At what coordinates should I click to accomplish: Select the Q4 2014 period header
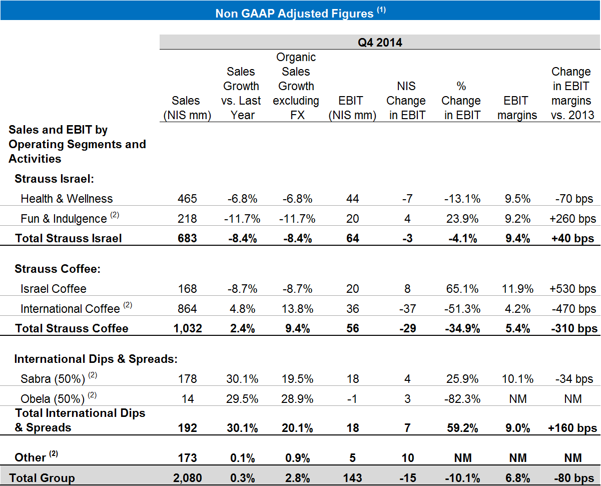pos(380,43)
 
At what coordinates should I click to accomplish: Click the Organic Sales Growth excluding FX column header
pos(296,86)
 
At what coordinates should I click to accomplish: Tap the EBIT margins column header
pos(516,108)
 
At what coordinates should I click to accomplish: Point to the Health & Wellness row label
pos(67,199)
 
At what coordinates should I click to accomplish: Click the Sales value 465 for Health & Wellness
pos(187,199)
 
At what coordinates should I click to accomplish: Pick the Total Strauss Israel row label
pos(69,238)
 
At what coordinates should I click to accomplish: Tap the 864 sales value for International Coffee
pos(187,309)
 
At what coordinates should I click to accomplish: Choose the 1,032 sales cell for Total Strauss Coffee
pos(187,328)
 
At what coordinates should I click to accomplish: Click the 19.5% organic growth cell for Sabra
pos(296,379)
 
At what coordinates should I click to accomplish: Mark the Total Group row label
pos(42,478)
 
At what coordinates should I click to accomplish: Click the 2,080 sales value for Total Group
pos(187,478)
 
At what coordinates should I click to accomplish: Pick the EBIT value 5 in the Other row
pos(352,457)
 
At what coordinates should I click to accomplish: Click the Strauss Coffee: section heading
pos(58,269)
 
